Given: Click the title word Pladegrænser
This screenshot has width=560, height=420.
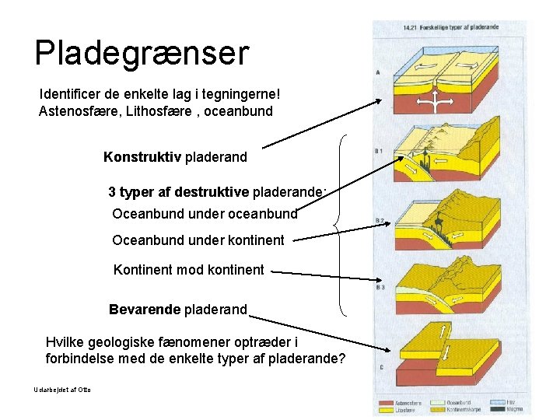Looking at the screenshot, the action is click(x=142, y=53).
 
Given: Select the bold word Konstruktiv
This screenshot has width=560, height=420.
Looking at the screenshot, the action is click(x=142, y=157).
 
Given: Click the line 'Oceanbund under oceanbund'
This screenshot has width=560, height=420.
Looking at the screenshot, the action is click(x=205, y=212).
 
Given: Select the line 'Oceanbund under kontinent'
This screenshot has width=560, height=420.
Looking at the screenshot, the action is click(x=198, y=240).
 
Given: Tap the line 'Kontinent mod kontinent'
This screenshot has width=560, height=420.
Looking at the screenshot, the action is click(x=189, y=270).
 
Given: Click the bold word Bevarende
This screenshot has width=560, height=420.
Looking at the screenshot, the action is click(x=145, y=309).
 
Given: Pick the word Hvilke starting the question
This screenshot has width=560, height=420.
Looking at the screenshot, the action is click(x=64, y=342).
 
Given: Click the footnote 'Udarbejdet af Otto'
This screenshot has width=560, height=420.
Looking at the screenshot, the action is click(x=62, y=389).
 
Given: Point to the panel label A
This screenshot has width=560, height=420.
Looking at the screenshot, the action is click(x=378, y=72).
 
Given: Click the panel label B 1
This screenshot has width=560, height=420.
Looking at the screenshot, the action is click(x=380, y=150).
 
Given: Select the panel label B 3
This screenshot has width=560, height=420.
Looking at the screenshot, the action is click(x=380, y=288).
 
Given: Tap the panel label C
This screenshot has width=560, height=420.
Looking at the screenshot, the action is click(x=379, y=366).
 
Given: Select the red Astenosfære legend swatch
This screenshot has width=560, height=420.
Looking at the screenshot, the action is click(x=385, y=403).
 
